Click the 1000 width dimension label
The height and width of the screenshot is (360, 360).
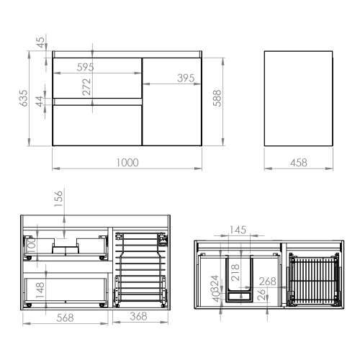point(127,163)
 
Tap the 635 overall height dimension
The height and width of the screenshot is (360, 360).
point(24,98)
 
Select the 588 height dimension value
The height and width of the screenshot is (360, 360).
point(217,98)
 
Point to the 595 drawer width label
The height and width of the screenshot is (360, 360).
point(85,67)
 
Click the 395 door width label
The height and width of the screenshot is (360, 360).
point(186,78)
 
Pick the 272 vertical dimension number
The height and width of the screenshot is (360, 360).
point(86,86)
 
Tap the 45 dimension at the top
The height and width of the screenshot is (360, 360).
point(41,42)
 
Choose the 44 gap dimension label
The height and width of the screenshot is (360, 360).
point(40,102)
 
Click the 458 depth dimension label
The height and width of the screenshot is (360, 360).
point(299,163)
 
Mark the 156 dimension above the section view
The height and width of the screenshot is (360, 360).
point(58,199)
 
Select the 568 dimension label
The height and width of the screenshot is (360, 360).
point(65,318)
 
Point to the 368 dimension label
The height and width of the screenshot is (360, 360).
point(138,316)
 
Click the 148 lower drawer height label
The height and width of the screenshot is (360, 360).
point(40,290)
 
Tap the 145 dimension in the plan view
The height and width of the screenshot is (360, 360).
point(238,230)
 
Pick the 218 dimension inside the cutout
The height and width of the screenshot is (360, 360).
point(235,272)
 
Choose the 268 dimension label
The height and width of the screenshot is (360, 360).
point(267,282)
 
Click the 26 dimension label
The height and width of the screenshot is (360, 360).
point(261,294)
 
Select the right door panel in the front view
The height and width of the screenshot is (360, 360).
point(172,102)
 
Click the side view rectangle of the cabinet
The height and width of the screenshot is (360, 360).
point(299,99)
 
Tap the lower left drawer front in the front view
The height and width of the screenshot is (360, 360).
point(97,125)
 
